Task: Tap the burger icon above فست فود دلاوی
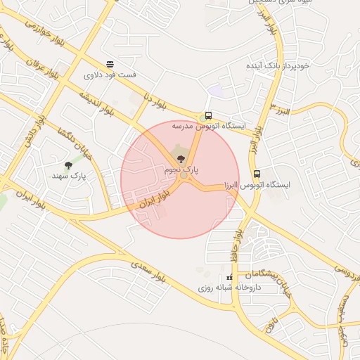110,64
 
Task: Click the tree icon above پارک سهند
68,166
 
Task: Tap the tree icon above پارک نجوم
181,159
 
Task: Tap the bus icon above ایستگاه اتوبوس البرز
256,173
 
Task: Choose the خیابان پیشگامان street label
265,273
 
